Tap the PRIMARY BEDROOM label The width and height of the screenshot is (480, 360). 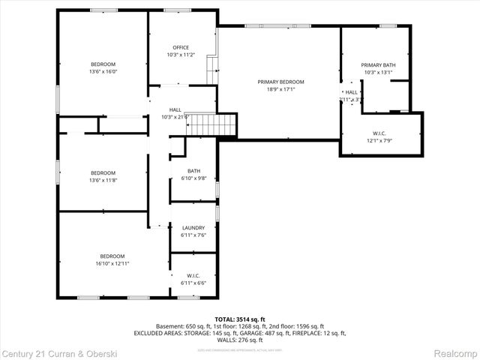click(281, 81)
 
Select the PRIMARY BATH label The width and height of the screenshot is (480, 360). click(378, 65)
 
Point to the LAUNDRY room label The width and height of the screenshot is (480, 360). click(194, 228)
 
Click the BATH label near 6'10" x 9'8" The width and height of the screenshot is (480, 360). click(194, 171)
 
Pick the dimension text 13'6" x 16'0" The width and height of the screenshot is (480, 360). click(103, 72)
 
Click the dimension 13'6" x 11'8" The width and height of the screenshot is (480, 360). click(103, 180)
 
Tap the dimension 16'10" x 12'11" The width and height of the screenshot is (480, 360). click(112, 263)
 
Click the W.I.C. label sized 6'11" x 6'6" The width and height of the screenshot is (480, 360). click(193, 275)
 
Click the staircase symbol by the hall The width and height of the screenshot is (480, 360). click(211, 124)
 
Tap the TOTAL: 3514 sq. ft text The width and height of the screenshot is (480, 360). click(240, 319)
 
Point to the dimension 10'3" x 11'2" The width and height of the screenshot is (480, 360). click(181, 55)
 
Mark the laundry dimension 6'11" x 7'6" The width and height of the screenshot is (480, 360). click(194, 235)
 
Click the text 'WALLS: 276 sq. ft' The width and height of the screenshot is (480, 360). click(240, 340)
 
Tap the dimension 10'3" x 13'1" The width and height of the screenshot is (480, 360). click(378, 73)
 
